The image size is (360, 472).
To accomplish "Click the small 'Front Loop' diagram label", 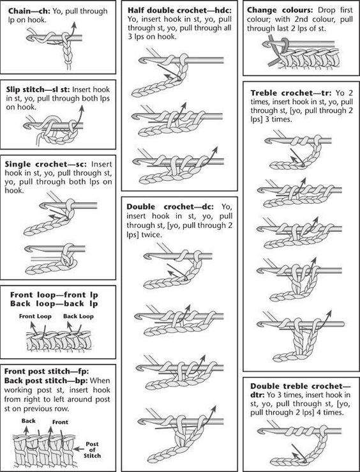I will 34,317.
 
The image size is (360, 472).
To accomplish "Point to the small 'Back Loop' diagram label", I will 82,317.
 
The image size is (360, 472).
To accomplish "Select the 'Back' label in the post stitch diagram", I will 29,421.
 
